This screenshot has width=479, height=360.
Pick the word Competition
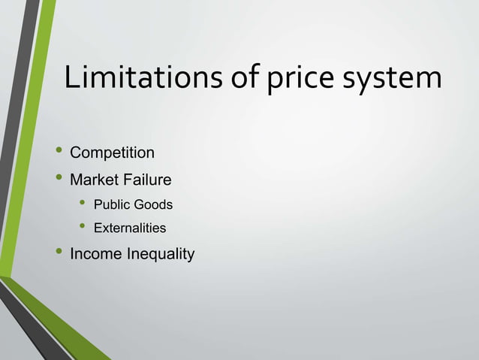tap(112, 153)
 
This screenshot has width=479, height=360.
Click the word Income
tap(95, 254)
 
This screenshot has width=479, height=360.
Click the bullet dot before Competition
tap(55, 152)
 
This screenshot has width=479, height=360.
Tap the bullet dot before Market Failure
tap(55, 179)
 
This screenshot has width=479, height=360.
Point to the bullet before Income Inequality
tap(55, 253)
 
